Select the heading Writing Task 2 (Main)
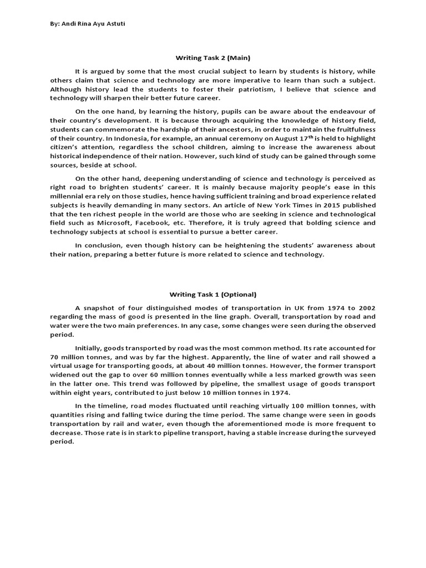(x=212, y=57)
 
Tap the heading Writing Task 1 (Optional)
(x=212, y=294)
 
